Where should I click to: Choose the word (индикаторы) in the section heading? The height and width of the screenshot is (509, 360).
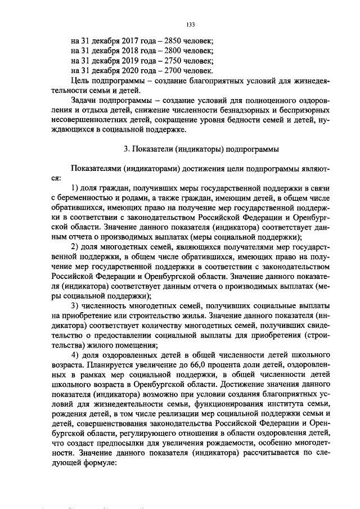click(x=199, y=149)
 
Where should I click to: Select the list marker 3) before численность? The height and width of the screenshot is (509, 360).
click(x=74, y=306)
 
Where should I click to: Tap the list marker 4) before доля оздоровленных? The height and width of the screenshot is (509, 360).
click(x=74, y=355)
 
